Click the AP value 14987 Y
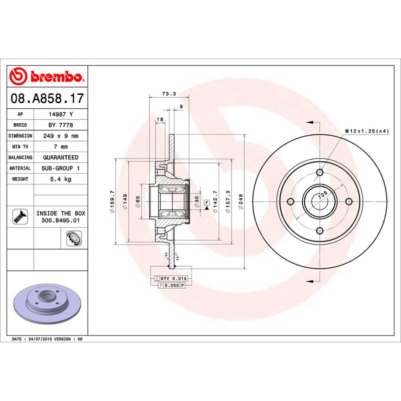coord(60,114)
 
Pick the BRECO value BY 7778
coord(60,125)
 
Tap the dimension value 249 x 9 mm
coord(60,136)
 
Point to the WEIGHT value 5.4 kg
coord(60,179)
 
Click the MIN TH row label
coord(20,147)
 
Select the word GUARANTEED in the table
coord(60,157)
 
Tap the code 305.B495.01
coord(60,220)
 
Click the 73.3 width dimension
coord(169,94)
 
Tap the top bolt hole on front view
coord(319,173)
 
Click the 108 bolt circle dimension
coord(323,193)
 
